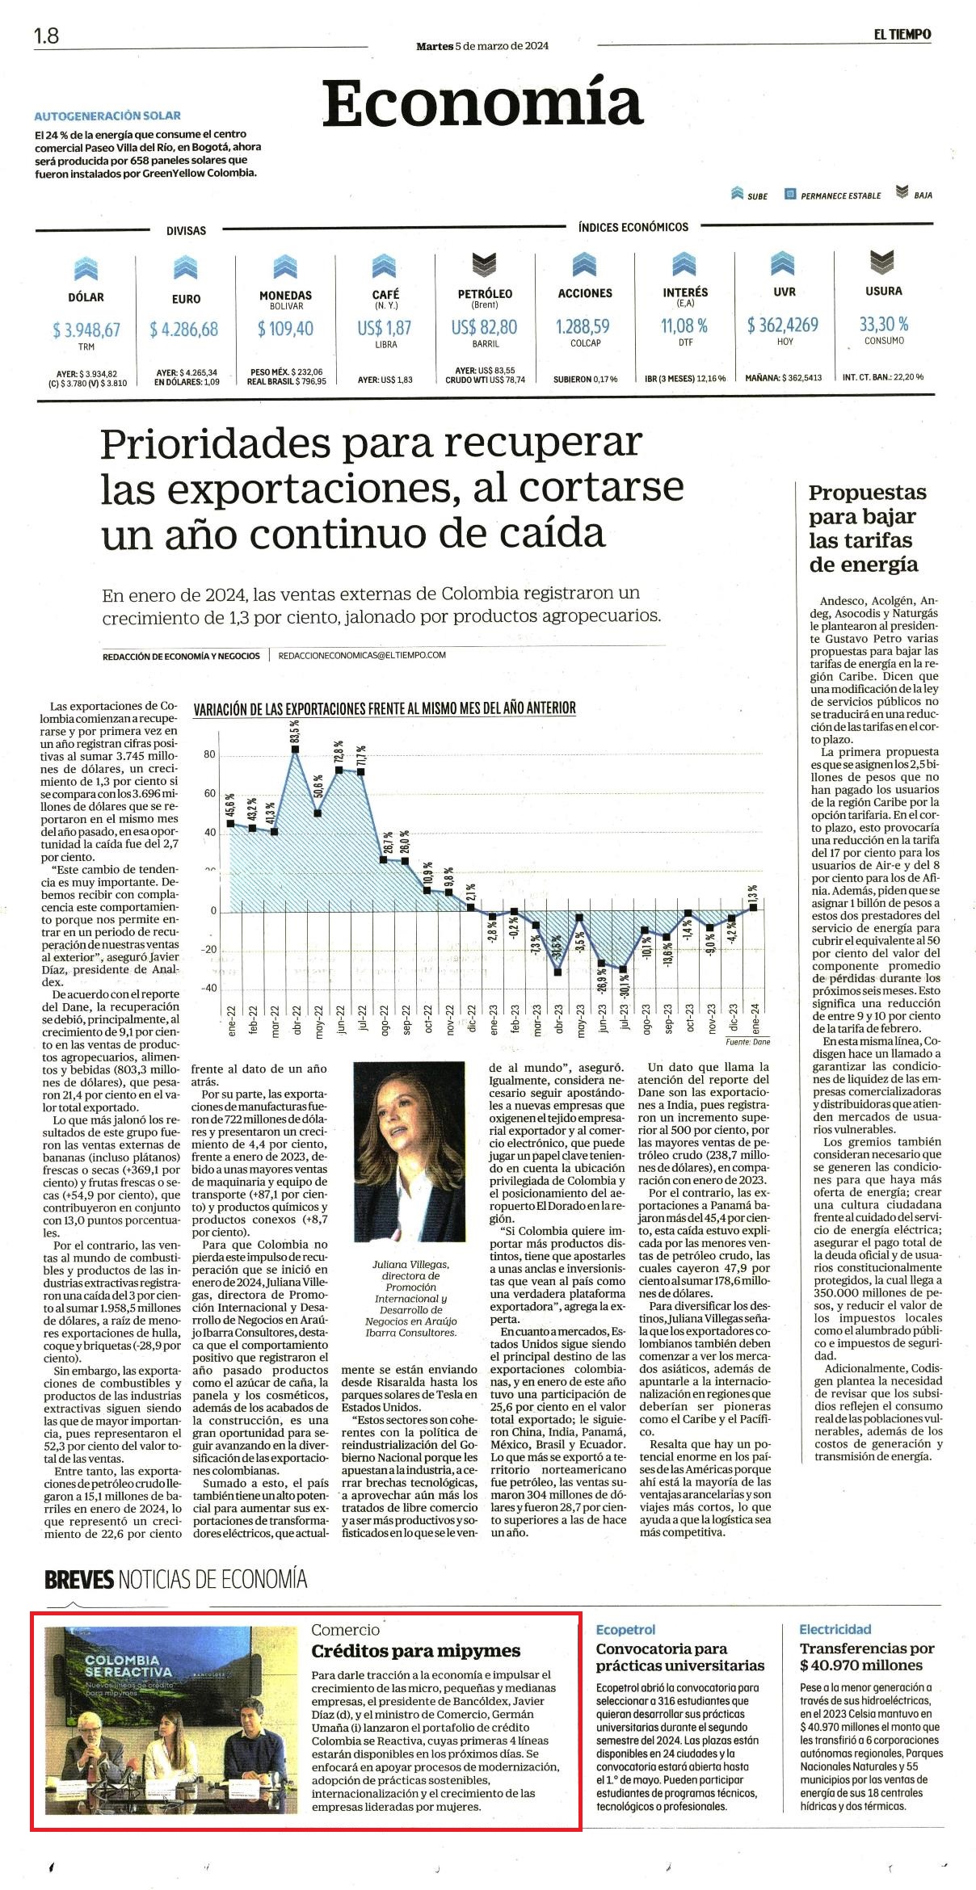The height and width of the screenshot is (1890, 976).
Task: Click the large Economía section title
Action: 483,103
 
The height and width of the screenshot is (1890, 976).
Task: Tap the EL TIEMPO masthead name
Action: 902,34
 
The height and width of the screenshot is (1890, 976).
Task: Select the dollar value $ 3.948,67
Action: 86,330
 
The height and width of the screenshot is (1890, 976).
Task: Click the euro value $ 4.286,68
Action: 184,330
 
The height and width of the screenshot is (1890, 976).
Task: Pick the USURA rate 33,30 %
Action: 884,324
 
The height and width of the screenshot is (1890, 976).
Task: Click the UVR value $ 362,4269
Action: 783,325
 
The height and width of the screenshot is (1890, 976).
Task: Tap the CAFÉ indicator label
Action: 385,294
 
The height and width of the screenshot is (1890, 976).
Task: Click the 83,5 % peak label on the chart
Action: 295,729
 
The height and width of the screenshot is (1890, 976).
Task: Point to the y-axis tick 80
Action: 209,755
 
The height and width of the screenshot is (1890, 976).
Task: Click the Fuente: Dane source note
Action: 747,1042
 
